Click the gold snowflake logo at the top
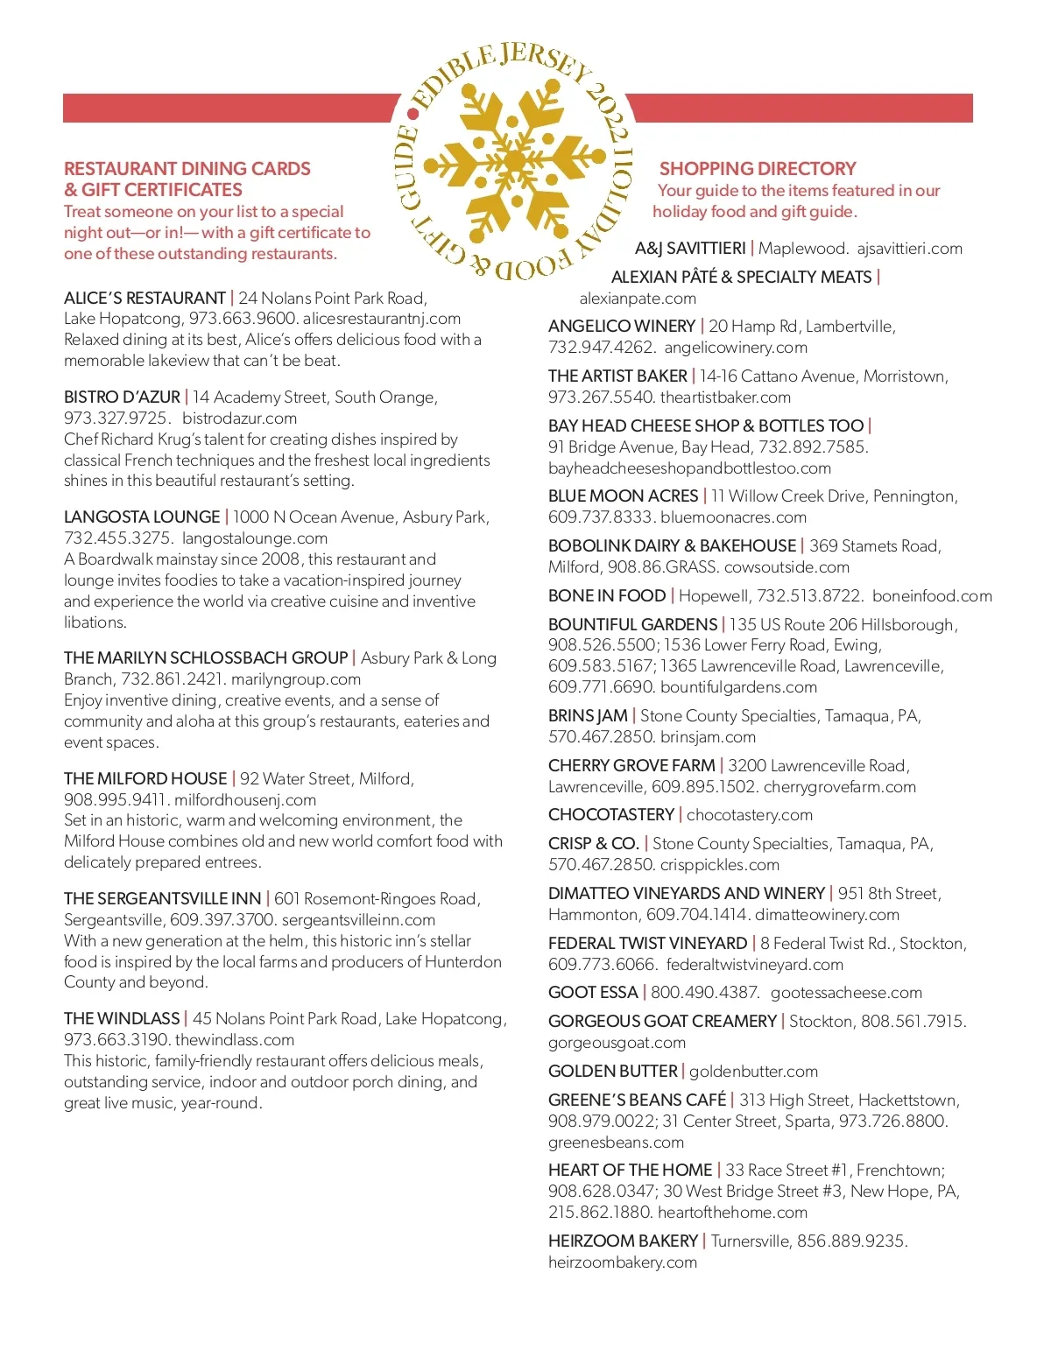click(x=514, y=162)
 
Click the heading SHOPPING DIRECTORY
click(x=758, y=168)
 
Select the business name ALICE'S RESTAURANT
click(x=145, y=298)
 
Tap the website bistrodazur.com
click(x=239, y=418)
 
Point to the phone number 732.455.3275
click(x=117, y=538)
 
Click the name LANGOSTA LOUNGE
click(x=142, y=517)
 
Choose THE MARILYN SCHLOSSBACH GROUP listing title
click(x=206, y=657)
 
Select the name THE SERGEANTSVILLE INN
click(x=162, y=898)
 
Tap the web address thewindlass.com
click(x=235, y=1039)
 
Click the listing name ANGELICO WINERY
click(x=622, y=326)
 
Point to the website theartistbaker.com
click(x=725, y=397)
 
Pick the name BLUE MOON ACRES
click(x=623, y=496)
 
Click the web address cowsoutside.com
click(x=786, y=566)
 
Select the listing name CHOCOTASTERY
click(x=611, y=814)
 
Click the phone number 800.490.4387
click(x=705, y=992)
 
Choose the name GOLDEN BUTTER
click(x=613, y=1071)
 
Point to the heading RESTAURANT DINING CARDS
click(x=187, y=168)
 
